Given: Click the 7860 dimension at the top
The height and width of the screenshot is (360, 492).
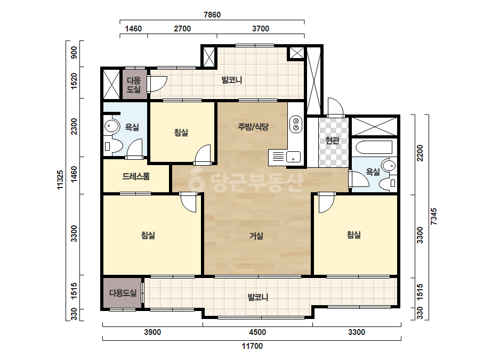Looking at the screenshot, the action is tap(212, 15).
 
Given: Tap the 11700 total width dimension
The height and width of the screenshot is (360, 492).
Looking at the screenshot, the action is tap(252, 346).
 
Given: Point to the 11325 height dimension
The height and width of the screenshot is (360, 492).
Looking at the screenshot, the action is tap(60, 179).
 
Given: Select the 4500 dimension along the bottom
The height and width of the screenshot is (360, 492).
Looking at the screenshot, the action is tap(257, 332).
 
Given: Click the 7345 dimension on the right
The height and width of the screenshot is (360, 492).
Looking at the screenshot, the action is tap(434, 216).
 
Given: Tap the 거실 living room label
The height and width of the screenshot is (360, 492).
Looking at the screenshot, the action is tap(256, 235).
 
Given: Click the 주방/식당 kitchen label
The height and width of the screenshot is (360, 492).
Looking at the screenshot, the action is tap(253, 127).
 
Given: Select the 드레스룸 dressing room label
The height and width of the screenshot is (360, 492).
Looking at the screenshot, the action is tap(136, 176).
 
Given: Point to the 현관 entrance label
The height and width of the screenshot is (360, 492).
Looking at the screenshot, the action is tap(332, 141).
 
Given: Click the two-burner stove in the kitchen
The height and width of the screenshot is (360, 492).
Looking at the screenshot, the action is tap(296, 124).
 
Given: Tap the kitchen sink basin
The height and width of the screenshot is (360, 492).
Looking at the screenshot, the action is tap(293, 157).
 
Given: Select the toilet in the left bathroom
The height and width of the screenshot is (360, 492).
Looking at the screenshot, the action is tap(112, 145).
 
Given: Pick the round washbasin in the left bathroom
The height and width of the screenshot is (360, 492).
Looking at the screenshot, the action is tap(111, 126).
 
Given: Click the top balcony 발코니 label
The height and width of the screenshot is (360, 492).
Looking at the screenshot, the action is tap(231, 80).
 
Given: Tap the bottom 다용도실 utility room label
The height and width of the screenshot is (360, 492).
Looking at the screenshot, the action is tap(123, 293).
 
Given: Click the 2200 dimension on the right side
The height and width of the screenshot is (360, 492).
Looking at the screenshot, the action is tap(420, 153).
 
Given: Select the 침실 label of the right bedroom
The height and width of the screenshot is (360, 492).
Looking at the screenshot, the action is tap(353, 234).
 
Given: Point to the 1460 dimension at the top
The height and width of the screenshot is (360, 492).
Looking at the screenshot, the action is tap(133, 29).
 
